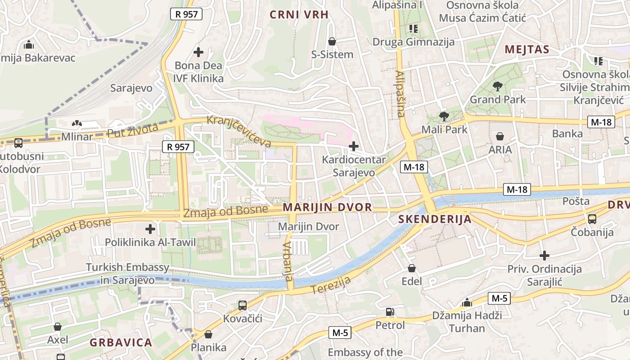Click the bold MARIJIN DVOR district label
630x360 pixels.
pos(328,207)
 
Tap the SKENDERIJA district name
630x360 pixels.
pos(435,220)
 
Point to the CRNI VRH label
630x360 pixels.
pos(299,14)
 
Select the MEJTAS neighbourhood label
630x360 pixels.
pos(527,49)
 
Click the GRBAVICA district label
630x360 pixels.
pos(121,342)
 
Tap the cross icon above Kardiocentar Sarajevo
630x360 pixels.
pos(354,146)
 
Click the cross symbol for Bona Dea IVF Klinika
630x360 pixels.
pos(198,52)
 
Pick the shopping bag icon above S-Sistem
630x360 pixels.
pos(332,41)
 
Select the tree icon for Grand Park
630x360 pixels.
pos(497,86)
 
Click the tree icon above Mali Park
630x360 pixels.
pos(444,117)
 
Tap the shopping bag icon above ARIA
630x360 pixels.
pos(499,136)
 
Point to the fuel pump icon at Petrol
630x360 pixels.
pos(390,311)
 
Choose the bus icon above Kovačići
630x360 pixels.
pos(242,305)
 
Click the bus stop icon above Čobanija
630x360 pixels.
pos(592,219)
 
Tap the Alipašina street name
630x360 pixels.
pos(400,94)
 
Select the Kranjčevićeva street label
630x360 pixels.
pos(239,131)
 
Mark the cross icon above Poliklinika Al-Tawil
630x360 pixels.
pos(150,229)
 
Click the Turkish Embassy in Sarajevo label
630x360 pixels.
pos(128,274)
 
